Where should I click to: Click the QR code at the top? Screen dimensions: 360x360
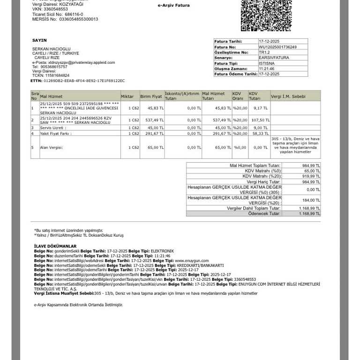(259, 15)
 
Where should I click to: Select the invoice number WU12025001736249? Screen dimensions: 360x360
(277, 47)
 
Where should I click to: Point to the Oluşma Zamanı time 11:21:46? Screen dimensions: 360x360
(266, 68)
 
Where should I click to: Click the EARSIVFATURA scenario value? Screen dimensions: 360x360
(274, 58)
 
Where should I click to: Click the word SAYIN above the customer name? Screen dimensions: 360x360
(39, 41)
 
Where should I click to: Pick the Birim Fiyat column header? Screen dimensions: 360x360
(150, 96)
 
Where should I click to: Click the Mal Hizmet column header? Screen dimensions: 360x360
(51, 96)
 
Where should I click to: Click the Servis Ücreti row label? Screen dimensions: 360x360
(52, 127)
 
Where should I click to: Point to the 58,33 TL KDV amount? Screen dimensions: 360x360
(260, 134)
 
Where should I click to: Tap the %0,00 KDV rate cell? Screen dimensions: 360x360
(240, 147)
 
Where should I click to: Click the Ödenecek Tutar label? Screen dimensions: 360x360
(264, 213)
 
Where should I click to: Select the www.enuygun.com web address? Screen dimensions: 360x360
(192, 261)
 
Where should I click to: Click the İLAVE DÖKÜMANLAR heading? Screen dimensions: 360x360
(55, 246)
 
